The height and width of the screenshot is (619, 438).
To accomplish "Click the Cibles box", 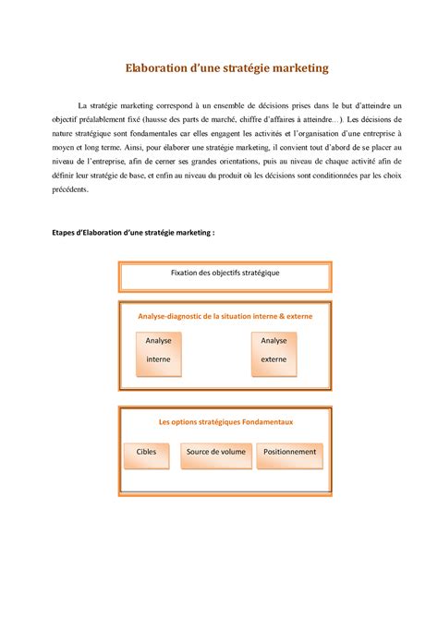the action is [146, 453].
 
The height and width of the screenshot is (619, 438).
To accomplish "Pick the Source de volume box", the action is [215, 453].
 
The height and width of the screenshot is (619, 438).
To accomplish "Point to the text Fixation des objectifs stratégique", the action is [225, 273].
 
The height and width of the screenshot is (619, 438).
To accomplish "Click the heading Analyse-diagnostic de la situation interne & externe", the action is [225, 317].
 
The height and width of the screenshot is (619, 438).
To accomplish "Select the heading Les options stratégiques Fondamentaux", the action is [225, 421].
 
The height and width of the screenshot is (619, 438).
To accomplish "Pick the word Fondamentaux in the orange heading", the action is [266, 421].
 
